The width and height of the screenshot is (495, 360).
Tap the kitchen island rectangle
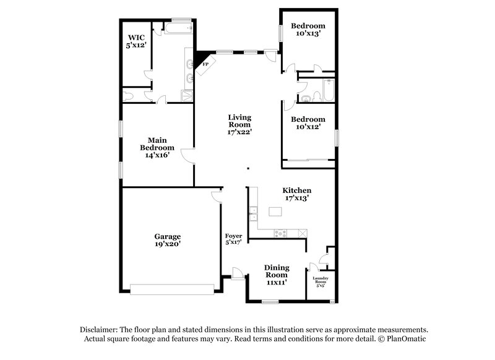[x=273, y=212]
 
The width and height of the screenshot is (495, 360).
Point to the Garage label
[x=167, y=236]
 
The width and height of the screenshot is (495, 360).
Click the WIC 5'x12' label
[x=136, y=40]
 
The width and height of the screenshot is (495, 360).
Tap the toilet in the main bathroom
[x=128, y=96]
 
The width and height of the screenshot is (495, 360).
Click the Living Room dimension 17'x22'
[x=239, y=132]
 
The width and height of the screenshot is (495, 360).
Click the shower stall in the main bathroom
[x=187, y=95]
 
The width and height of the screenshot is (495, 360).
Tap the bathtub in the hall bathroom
[x=327, y=92]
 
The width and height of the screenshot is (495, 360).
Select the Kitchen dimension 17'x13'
[x=297, y=198]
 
